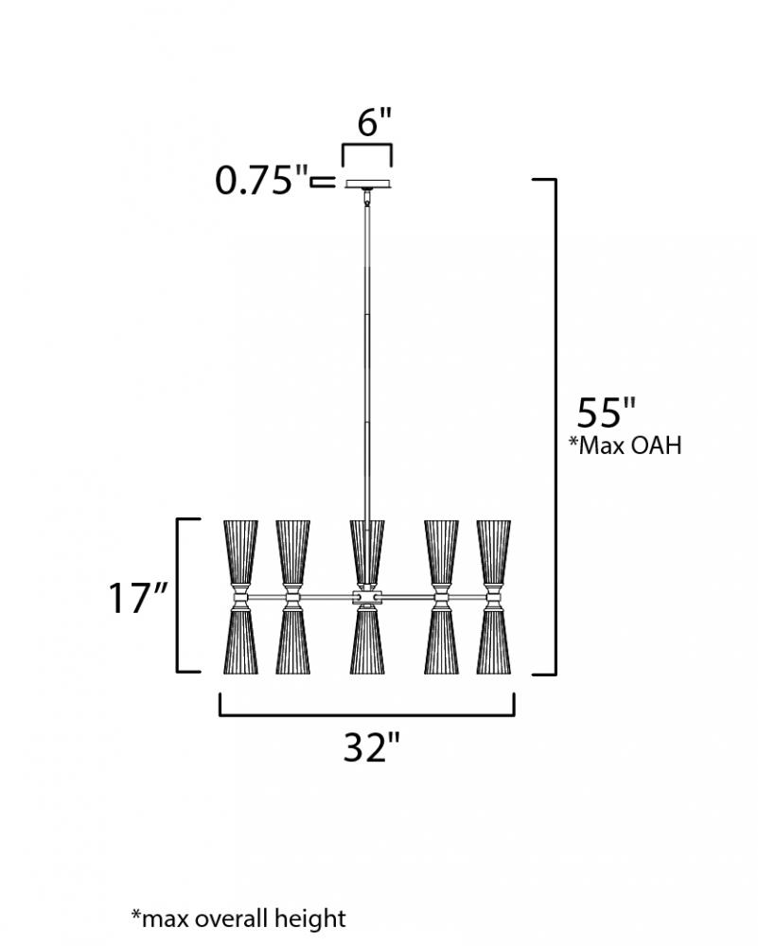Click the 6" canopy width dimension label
[375, 122]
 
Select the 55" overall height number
[607, 412]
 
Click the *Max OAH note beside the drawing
[626, 446]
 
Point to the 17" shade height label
[137, 598]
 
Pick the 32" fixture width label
[372, 747]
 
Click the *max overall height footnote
[239, 919]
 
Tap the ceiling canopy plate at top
[368, 184]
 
